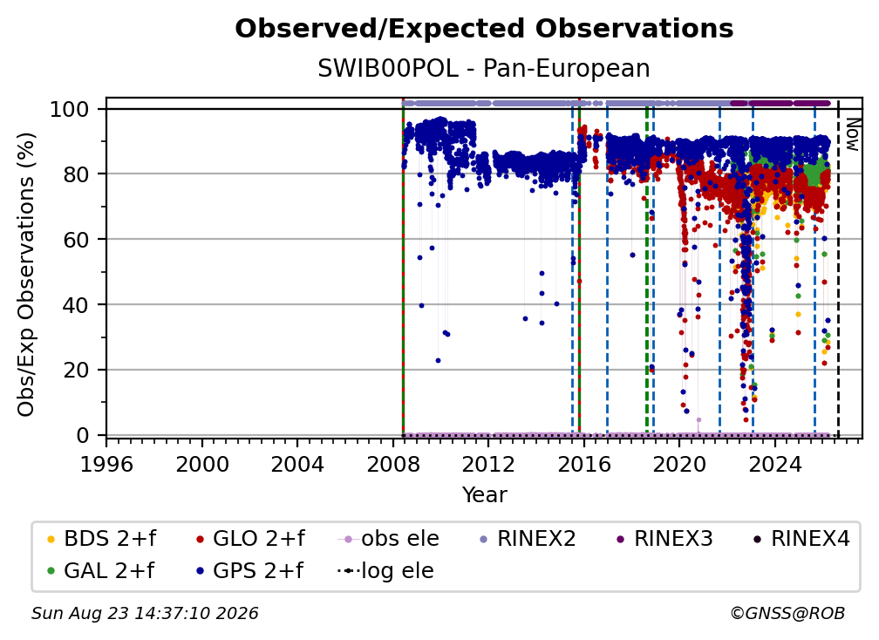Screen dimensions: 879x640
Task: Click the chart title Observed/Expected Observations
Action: click(x=484, y=29)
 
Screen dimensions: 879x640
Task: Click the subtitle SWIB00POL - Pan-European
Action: click(x=484, y=69)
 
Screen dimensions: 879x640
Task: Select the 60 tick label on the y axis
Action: click(x=76, y=239)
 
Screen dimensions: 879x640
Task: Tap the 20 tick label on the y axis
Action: click(x=76, y=370)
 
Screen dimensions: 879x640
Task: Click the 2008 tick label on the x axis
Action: click(x=393, y=465)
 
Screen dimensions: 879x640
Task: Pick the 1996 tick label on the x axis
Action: click(x=106, y=465)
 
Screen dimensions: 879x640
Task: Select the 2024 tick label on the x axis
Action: click(x=774, y=465)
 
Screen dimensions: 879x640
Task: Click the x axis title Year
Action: click(x=484, y=495)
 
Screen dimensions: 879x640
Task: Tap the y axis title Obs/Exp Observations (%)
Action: click(x=26, y=274)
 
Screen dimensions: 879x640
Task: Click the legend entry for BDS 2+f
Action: click(x=101, y=539)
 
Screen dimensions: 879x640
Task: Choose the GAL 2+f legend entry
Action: click(x=100, y=571)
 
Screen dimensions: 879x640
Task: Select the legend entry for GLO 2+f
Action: click(x=250, y=539)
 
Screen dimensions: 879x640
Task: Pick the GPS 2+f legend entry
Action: click(x=249, y=571)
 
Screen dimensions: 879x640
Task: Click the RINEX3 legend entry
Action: click(x=664, y=539)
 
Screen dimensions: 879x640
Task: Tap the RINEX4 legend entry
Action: click(x=801, y=539)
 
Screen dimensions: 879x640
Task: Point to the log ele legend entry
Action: click(x=385, y=571)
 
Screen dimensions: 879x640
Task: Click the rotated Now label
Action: click(x=852, y=134)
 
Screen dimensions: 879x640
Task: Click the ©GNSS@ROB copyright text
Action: click(x=787, y=613)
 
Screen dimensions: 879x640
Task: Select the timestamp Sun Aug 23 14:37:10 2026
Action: click(x=145, y=613)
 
